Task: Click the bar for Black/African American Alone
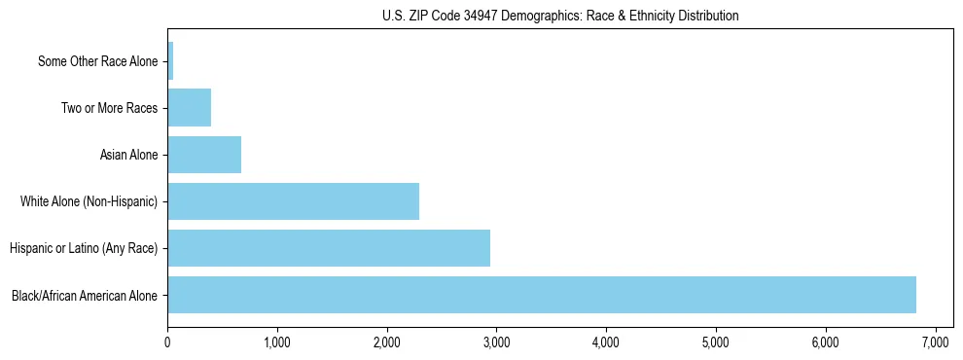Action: click(542, 295)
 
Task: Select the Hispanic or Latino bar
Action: click(329, 248)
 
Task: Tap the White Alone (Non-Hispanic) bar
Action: click(293, 201)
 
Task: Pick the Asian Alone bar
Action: click(204, 155)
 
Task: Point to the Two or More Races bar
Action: click(190, 108)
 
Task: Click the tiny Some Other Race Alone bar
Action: click(170, 61)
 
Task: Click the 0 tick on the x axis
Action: click(168, 343)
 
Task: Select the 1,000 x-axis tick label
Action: click(277, 343)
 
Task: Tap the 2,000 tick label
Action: click(387, 343)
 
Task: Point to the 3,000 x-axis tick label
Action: click(496, 343)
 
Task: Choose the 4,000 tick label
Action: click(606, 343)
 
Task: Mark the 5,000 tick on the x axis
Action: click(716, 343)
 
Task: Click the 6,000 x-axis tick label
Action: click(826, 343)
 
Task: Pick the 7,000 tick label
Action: click(935, 343)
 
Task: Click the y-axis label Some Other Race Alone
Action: click(97, 61)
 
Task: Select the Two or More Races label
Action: click(109, 108)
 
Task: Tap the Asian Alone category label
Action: click(128, 155)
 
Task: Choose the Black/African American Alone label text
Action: click(85, 295)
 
